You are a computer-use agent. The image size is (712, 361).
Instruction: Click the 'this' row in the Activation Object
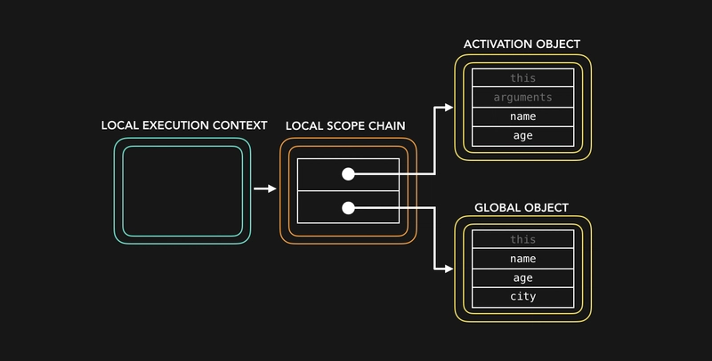tap(523, 78)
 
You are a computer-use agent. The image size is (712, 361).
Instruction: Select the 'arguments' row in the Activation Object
tap(523, 97)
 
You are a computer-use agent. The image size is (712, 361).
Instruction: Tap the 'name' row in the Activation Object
tap(523, 116)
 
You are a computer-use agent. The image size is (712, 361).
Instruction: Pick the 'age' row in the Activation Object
tap(523, 136)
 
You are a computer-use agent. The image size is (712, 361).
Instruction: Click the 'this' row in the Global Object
tap(523, 239)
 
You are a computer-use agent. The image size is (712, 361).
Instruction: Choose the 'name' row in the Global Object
tap(523, 259)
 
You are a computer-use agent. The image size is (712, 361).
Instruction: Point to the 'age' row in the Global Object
tap(523, 277)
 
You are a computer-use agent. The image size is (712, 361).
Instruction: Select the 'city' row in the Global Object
tap(523, 297)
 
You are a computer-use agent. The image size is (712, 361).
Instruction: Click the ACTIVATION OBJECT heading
tap(523, 44)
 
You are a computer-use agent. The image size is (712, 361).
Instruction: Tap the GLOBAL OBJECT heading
tap(522, 208)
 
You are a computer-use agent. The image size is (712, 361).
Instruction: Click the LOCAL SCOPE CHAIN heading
tap(345, 126)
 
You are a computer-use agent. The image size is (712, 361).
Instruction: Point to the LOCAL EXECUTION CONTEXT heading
tap(184, 125)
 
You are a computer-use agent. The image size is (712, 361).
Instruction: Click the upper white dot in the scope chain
tap(349, 174)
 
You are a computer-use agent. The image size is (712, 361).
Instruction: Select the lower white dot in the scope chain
tap(349, 208)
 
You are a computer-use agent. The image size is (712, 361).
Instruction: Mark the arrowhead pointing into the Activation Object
tap(448, 108)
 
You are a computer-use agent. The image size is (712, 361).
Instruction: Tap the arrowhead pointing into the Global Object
tap(448, 267)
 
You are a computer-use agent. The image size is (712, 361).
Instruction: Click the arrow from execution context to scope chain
tap(264, 189)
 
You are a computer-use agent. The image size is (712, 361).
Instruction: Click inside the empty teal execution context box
tap(182, 191)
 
